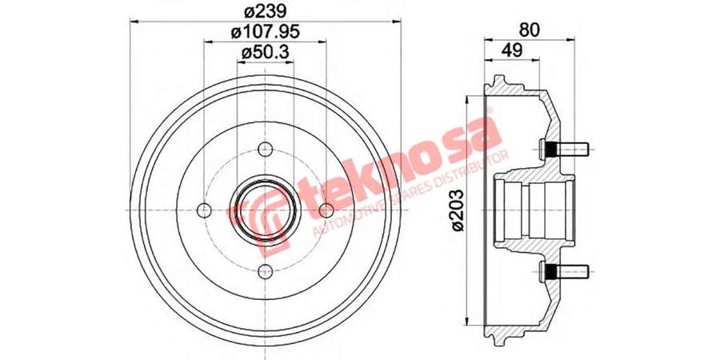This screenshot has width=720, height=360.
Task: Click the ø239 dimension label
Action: (266, 10)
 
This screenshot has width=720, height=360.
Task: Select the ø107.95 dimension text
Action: (266, 32)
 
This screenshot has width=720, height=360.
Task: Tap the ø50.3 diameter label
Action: (266, 53)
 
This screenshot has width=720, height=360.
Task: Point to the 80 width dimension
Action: (530, 30)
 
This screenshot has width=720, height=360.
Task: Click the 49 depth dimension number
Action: (511, 50)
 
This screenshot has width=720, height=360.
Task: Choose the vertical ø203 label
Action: (458, 210)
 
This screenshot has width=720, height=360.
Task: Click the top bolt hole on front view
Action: (266, 150)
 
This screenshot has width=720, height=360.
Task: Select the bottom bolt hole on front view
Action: (266, 271)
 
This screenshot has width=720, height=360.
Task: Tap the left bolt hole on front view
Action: (204, 210)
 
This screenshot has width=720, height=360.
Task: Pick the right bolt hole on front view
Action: (326, 210)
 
